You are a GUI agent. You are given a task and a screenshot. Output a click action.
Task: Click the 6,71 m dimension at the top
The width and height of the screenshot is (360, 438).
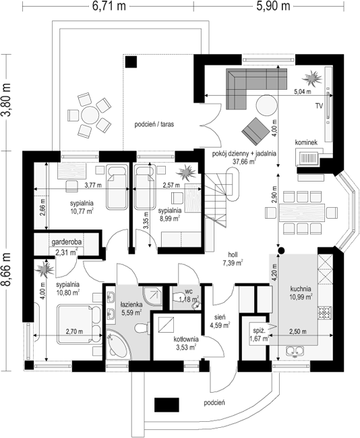109,6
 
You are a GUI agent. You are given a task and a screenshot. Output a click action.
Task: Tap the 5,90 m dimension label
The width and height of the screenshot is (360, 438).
273,6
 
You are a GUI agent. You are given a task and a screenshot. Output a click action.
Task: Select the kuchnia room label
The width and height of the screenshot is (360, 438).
300,289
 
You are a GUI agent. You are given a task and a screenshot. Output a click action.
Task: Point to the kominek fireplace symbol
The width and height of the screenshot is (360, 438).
308,158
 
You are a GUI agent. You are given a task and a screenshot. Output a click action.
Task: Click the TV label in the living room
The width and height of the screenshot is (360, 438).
319,106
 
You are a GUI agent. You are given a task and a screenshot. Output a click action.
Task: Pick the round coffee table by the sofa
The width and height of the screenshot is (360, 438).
267,105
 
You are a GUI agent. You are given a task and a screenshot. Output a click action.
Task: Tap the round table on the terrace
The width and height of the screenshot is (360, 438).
90,115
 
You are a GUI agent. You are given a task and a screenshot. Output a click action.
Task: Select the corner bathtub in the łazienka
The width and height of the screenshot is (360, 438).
117,344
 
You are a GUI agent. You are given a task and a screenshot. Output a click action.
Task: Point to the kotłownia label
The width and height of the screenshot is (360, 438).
186,339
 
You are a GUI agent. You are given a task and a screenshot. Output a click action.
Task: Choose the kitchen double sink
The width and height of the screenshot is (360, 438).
295,351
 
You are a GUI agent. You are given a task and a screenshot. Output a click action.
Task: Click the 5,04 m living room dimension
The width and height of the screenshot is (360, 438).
303,91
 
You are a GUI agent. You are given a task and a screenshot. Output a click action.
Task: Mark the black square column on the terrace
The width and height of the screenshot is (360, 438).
131,61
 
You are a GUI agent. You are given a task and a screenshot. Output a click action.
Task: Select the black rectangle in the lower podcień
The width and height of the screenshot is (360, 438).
167,405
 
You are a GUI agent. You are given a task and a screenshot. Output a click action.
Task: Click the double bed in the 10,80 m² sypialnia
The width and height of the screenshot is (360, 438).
80,324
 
